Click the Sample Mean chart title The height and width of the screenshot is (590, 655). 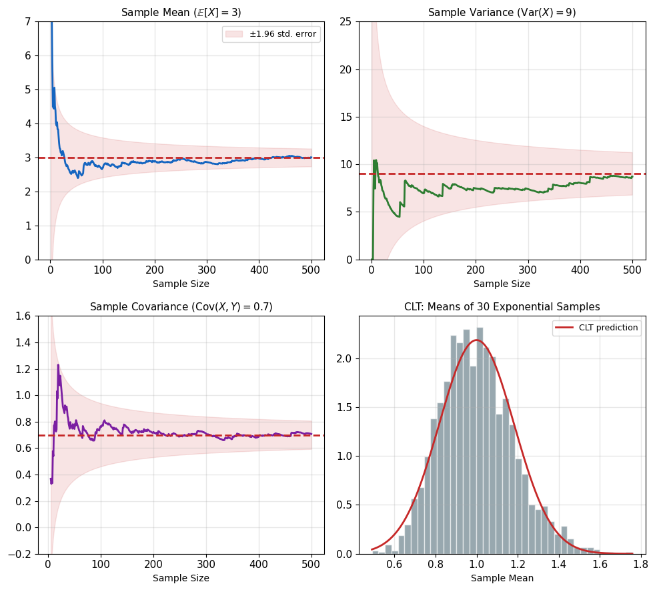[181, 13]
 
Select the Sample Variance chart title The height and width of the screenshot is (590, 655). [502, 13]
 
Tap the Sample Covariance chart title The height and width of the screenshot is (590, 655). [181, 307]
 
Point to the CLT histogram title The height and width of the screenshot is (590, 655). [502, 307]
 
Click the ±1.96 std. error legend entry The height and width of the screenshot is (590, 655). [271, 34]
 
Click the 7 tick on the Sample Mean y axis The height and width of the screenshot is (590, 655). [28, 21]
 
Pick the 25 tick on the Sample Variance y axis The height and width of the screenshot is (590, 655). [346, 21]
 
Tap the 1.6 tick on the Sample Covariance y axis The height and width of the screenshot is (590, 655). [23, 316]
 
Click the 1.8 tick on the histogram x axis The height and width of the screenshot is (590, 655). [640, 564]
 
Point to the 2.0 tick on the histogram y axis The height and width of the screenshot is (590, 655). [344, 358]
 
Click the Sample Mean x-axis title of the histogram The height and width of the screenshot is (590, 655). [502, 578]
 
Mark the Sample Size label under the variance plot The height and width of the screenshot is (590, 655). [502, 284]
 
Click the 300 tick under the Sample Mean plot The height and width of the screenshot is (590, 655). [207, 270]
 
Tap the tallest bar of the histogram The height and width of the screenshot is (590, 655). [480, 440]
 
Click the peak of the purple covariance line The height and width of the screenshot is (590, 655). [58, 365]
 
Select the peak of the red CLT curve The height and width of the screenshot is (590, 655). [476, 340]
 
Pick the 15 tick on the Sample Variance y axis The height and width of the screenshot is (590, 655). [346, 117]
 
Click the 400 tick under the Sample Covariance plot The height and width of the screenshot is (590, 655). [259, 564]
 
